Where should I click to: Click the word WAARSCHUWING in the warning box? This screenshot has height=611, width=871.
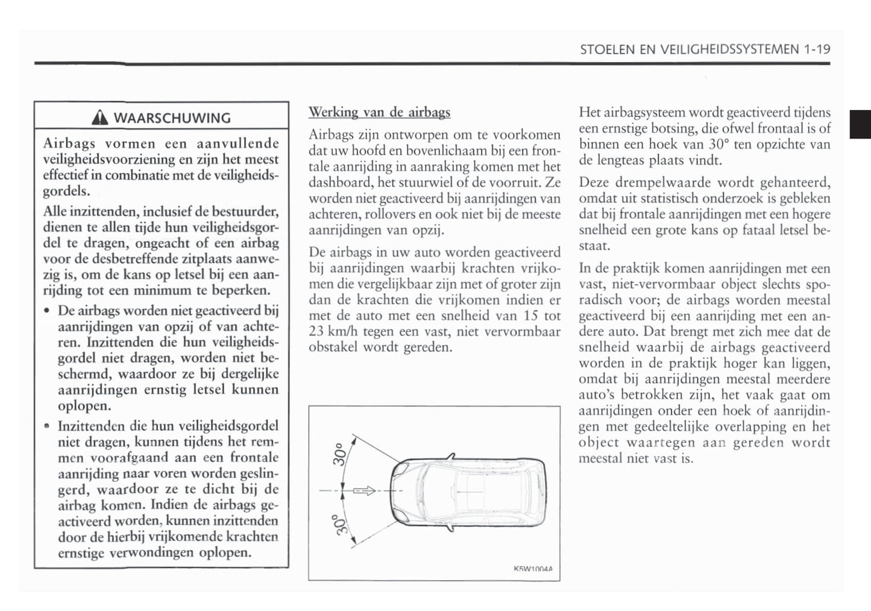point(172,118)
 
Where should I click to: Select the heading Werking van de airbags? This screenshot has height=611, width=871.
point(379,112)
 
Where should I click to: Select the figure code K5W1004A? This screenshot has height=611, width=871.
point(533,568)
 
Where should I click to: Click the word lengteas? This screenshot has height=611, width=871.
point(626,160)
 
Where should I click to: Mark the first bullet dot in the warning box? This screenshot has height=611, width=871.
point(47,311)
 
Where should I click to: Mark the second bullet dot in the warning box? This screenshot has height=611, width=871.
point(47,426)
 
